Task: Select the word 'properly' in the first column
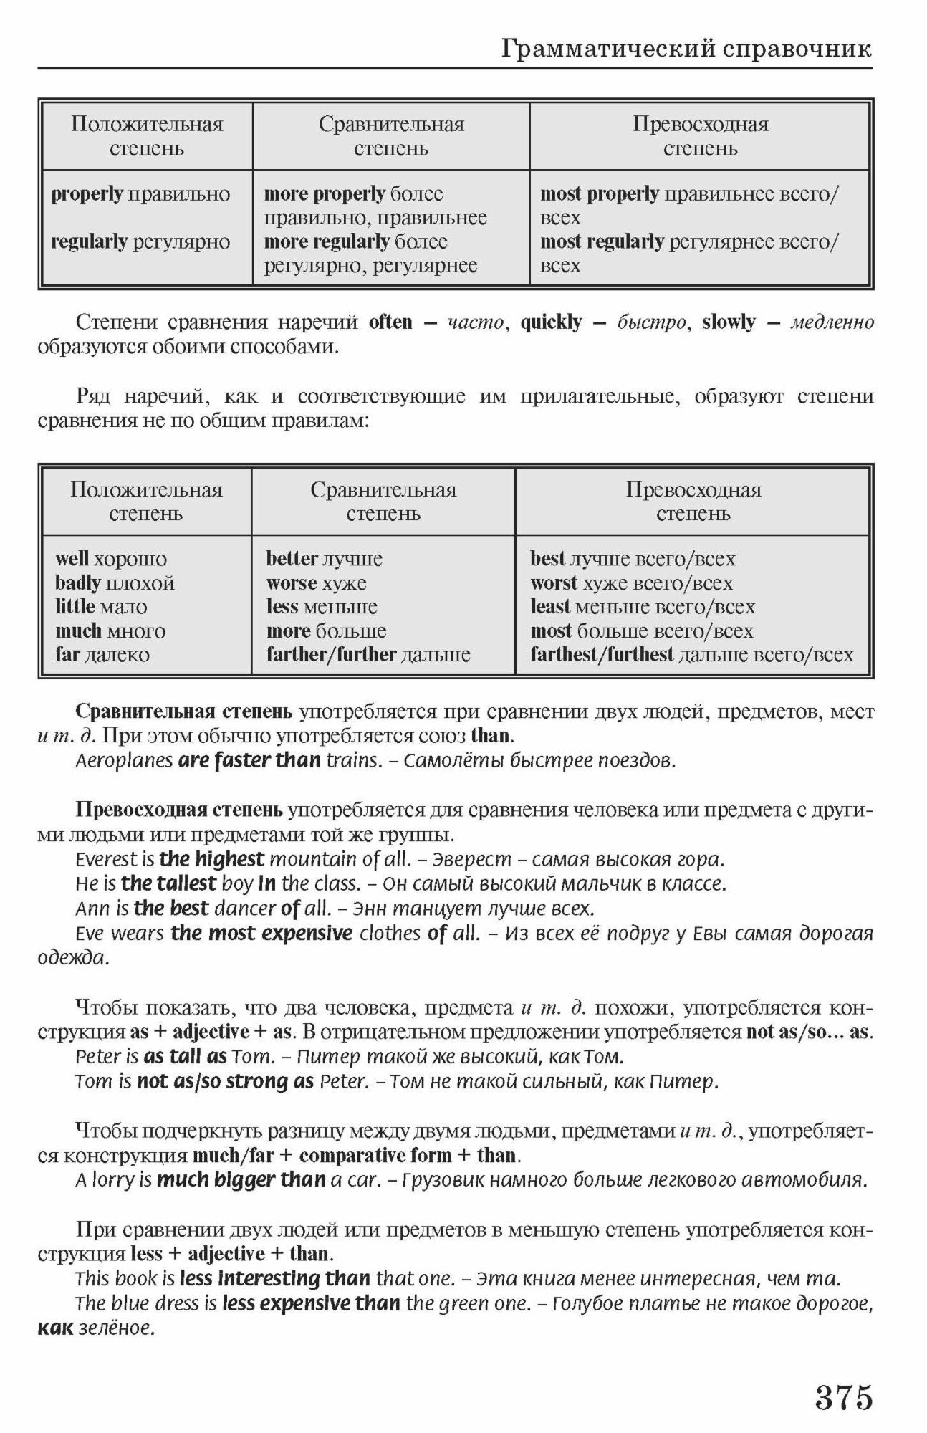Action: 87,194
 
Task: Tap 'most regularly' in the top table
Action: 602,242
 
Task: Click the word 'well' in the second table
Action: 72,559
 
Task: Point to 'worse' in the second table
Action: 292,583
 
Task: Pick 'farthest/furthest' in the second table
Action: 602,655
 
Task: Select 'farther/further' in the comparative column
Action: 331,655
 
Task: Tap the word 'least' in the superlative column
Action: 550,607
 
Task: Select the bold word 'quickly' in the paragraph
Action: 551,322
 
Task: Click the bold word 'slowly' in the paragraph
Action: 729,322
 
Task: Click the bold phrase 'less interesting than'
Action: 275,1279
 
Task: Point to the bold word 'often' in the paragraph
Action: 390,322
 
